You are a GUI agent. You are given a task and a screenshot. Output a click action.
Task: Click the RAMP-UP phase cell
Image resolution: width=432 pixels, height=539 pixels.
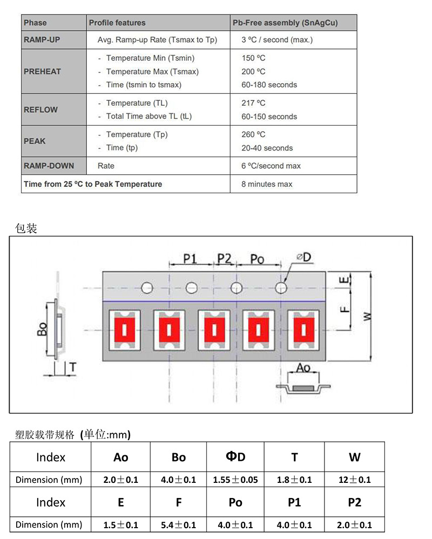[42, 39]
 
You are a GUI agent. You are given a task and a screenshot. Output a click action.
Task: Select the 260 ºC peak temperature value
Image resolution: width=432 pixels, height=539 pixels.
[253, 134]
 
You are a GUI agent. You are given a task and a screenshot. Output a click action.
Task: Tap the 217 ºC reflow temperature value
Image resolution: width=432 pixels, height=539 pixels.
[253, 103]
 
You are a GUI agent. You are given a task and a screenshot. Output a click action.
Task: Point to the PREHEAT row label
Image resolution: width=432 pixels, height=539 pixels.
[42, 71]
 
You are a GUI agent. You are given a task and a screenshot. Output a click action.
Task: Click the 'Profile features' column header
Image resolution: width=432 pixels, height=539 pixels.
[117, 23]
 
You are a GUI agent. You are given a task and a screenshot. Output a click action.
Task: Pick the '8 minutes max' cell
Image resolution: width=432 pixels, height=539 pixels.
[267, 184]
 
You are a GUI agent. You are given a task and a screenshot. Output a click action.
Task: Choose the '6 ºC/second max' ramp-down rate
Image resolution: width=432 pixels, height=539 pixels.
[271, 166]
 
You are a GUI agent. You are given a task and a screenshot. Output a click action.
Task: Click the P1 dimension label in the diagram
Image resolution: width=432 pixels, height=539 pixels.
[190, 259]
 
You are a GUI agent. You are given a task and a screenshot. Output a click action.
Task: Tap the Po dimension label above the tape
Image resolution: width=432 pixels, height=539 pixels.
[258, 260]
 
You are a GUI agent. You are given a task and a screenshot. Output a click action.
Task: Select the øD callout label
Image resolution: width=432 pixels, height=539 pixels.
[304, 258]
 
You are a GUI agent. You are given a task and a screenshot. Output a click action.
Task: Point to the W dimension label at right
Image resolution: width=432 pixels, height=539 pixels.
[368, 316]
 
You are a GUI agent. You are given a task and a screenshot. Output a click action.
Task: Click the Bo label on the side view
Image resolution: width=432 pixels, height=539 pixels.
[42, 329]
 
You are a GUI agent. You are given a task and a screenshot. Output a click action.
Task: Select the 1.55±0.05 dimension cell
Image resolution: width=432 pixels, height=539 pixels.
[235, 480]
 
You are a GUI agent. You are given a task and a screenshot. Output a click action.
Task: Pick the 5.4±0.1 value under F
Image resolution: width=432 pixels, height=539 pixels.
[179, 524]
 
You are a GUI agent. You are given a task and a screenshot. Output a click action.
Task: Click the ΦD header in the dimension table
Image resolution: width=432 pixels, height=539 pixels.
[235, 457]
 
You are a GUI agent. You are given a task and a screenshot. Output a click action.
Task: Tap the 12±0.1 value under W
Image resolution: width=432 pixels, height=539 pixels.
[354, 480]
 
